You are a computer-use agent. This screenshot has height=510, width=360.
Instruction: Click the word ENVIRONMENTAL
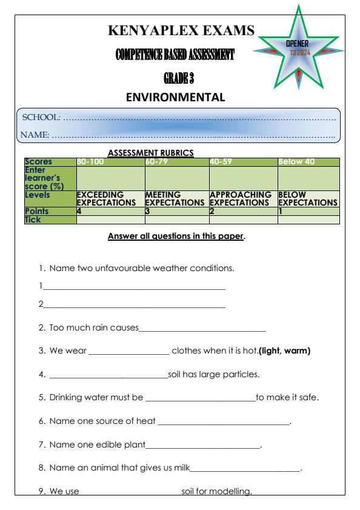pyautogui.click(x=180, y=96)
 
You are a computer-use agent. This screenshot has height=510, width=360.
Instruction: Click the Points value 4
pyautogui.click(x=79, y=209)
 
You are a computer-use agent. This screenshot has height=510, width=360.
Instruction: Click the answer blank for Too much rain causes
pyautogui.click(x=202, y=330)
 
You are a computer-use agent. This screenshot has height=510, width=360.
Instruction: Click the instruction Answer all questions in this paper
pyautogui.click(x=176, y=237)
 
